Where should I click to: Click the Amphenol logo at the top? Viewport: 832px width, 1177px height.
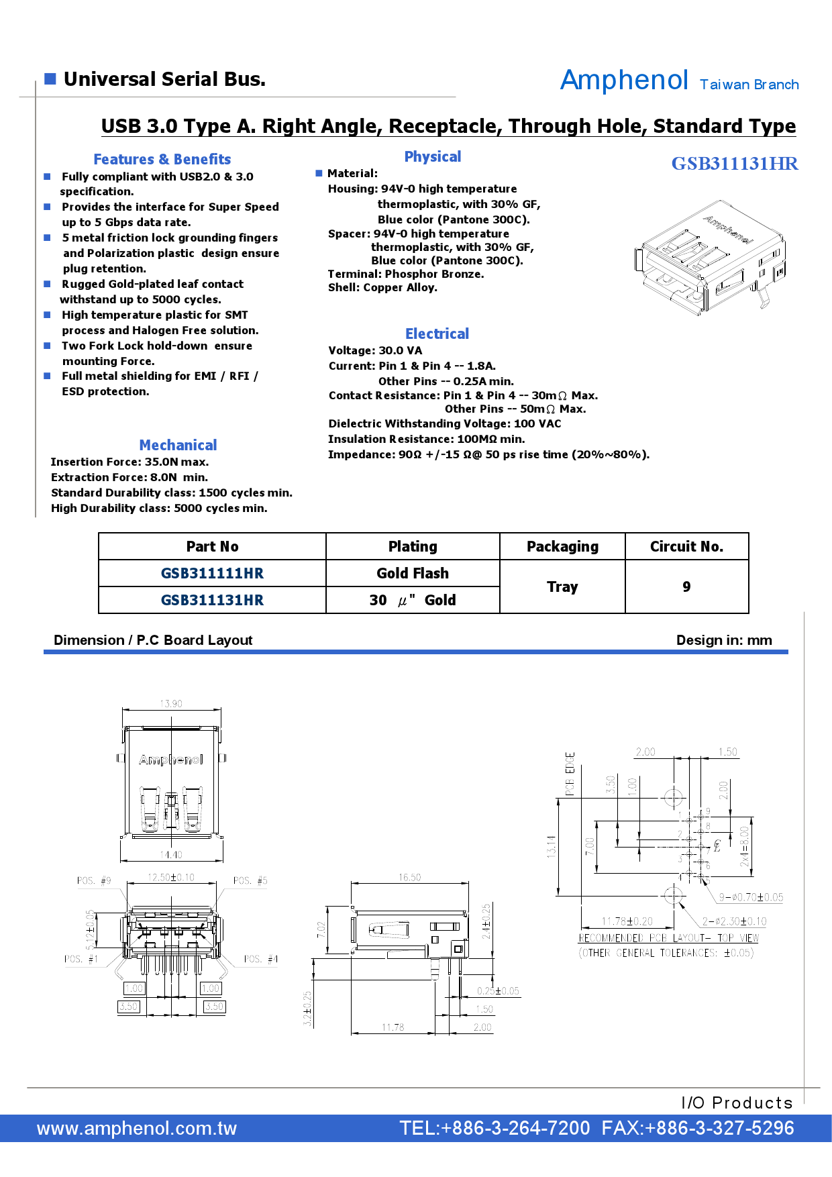(x=624, y=81)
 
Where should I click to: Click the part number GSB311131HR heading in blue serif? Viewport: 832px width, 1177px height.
(x=735, y=164)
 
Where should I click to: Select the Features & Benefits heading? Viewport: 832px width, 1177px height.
(x=162, y=160)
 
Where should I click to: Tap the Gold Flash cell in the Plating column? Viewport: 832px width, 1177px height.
(x=413, y=573)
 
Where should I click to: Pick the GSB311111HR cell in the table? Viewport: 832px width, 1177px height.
(x=212, y=573)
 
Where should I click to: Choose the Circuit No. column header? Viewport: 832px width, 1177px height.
(x=686, y=546)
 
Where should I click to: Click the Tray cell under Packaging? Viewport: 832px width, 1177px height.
(x=562, y=586)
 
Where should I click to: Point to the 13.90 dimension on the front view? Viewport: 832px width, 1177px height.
(x=171, y=704)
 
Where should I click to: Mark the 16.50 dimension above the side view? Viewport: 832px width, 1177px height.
(x=409, y=878)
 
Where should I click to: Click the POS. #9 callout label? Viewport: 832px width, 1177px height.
(x=94, y=880)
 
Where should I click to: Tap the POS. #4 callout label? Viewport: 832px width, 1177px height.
(x=261, y=959)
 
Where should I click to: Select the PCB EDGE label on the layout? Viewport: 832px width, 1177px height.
(x=570, y=774)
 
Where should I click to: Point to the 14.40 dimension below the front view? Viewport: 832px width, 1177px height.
(x=171, y=855)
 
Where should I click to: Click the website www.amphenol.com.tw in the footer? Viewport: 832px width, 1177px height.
(x=137, y=1128)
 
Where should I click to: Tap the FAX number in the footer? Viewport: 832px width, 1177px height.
(x=698, y=1128)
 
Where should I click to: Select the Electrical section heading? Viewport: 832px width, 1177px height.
(x=437, y=334)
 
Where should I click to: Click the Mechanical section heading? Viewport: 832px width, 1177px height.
(x=178, y=446)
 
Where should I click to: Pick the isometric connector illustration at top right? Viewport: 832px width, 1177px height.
(x=710, y=255)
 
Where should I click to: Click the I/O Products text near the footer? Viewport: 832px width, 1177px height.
(x=737, y=1103)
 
